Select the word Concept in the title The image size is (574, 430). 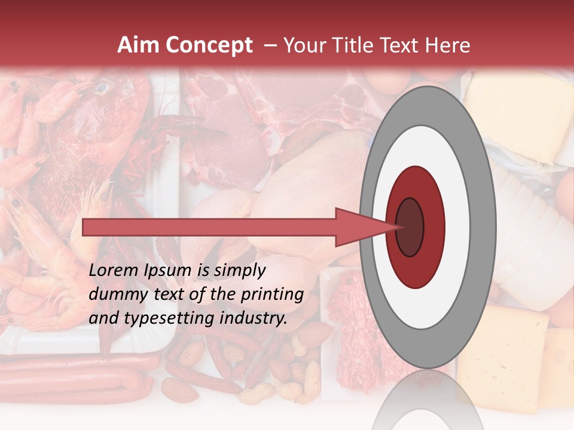pos(208,45)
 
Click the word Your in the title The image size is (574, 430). pos(303,45)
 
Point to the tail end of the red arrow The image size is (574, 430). pos(87,227)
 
